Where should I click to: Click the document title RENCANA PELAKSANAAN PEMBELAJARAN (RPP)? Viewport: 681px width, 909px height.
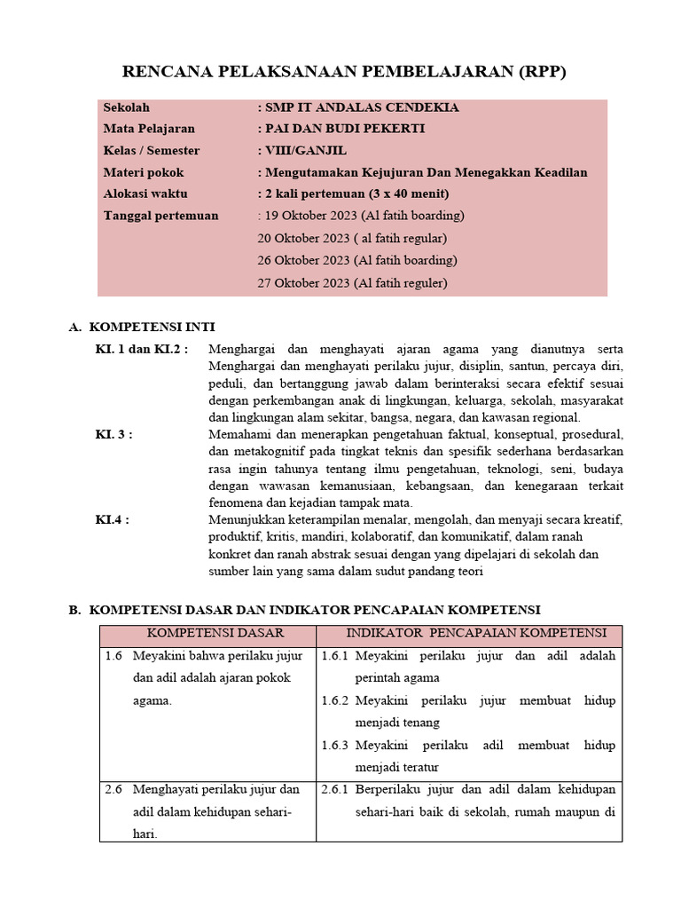pos(342,72)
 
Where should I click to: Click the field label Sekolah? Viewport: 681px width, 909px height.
pos(127,107)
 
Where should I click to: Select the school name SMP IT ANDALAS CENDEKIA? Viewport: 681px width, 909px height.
pos(360,107)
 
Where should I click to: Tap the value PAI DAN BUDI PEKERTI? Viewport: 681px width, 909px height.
pos(343,129)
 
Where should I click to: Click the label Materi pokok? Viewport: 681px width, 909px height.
pos(144,172)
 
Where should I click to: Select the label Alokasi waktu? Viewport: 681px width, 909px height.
pos(145,194)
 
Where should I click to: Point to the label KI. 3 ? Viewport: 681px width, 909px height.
pos(114,434)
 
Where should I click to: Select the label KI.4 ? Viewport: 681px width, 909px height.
pos(113,519)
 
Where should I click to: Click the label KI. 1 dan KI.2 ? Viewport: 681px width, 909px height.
pos(142,349)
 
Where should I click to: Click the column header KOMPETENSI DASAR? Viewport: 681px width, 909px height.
pos(215,633)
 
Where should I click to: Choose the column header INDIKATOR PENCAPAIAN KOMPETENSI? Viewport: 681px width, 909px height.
pos(475,633)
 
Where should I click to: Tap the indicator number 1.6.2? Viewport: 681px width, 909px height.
pos(335,700)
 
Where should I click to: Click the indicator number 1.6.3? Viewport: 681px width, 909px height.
pos(335,745)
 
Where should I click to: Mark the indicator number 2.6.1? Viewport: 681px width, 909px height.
pos(335,789)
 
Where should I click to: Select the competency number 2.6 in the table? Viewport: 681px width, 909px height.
pos(113,789)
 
